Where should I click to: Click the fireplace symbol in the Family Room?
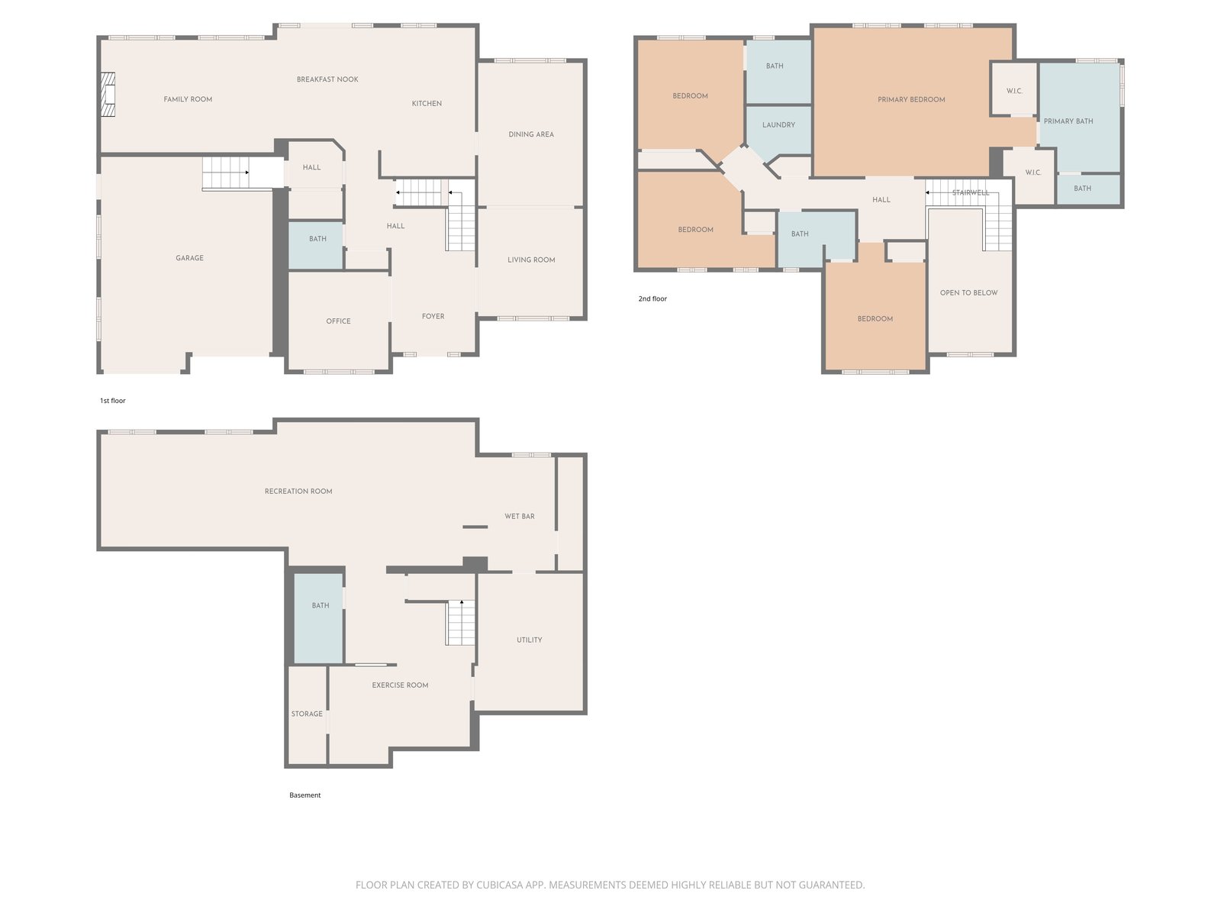[x=108, y=95]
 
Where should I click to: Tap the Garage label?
[x=190, y=258]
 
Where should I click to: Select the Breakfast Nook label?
[x=327, y=79]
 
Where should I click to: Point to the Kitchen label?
[x=427, y=104]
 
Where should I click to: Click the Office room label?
[x=338, y=321]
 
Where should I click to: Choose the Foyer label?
[x=433, y=317]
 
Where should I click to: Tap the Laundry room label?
[x=779, y=125]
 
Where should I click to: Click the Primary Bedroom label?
[x=911, y=100]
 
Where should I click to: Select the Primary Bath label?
[x=1068, y=121]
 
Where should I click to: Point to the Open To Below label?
[x=968, y=293]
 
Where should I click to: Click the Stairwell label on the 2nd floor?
[x=970, y=193]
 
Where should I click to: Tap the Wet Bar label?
[x=520, y=517]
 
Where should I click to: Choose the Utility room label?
[x=529, y=640]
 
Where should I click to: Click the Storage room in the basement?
[x=307, y=714]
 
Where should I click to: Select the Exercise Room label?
[x=400, y=685]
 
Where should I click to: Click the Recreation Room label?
[x=298, y=491]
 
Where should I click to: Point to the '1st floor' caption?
[x=112, y=401]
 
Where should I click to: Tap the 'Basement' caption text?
[x=304, y=795]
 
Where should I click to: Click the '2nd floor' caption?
[x=652, y=298]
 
